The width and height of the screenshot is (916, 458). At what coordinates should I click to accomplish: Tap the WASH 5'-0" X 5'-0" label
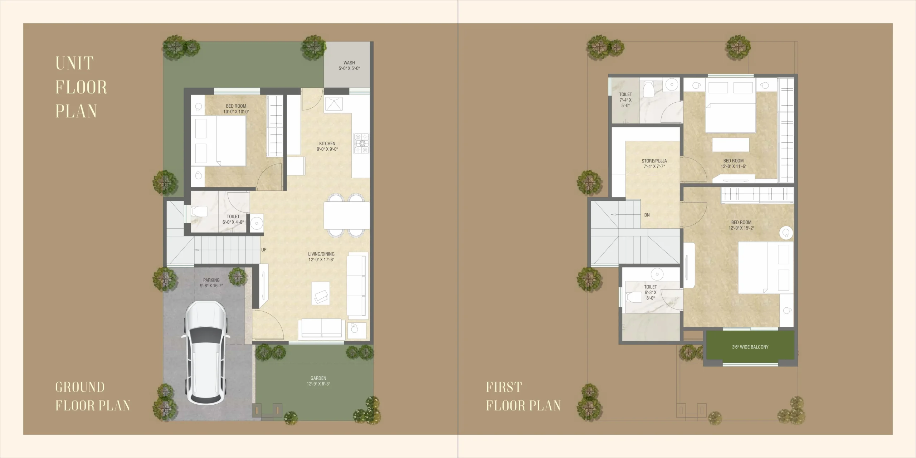[349, 65]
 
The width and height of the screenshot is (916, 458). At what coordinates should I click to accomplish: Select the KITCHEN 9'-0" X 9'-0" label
[327, 146]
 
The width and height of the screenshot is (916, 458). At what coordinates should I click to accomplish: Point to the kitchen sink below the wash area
[333, 104]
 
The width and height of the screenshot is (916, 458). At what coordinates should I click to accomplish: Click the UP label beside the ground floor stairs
[264, 250]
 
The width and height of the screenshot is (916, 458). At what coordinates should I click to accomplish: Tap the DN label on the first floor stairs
[647, 215]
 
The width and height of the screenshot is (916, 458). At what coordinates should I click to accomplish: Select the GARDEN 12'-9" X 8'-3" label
[318, 381]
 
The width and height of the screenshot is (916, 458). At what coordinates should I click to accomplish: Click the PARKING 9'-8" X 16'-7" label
[211, 283]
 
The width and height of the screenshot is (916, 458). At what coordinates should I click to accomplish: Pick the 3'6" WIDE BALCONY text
[750, 347]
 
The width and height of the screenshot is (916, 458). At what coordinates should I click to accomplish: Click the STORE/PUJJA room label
[654, 164]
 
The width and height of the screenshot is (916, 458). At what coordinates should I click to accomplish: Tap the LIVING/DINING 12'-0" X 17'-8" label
[321, 257]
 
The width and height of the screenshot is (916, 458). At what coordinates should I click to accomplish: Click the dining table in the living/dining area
[346, 215]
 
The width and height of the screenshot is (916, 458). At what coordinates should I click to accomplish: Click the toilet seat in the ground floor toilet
[199, 211]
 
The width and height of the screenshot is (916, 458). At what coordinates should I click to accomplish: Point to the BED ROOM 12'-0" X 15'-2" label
[741, 225]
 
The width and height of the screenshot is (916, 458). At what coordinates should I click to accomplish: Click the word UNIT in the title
[74, 63]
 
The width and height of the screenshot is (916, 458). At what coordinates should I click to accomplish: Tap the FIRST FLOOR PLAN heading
[523, 396]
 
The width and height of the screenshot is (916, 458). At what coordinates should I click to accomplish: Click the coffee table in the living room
[320, 293]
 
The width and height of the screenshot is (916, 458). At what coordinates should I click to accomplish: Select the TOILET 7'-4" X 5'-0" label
[625, 100]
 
